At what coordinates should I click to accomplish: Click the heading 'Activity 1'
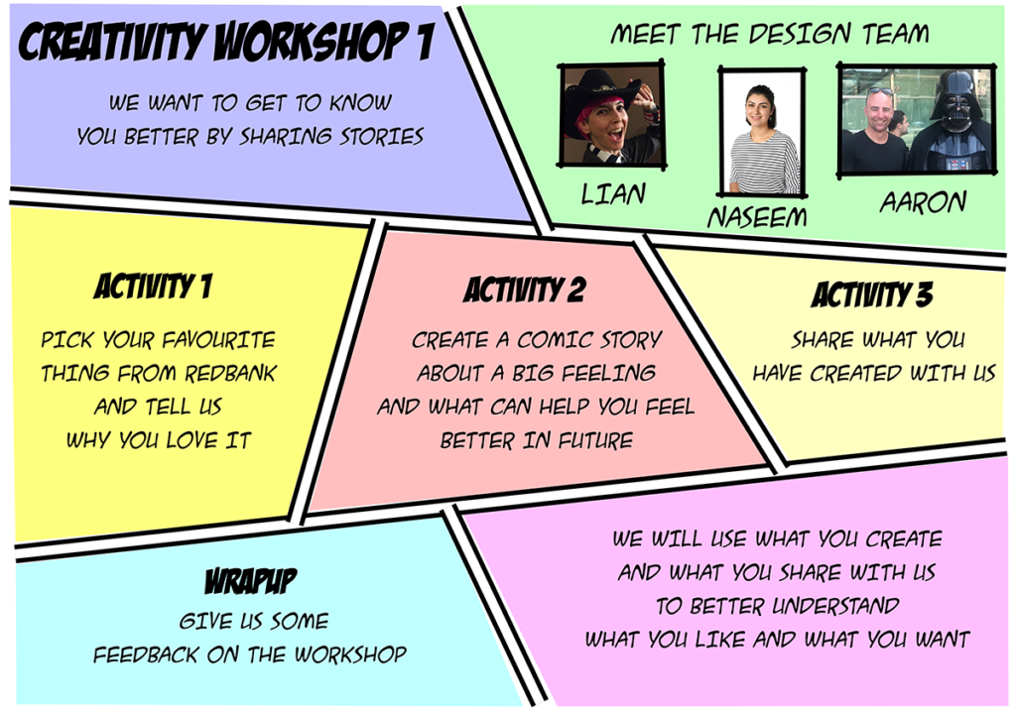tap(153, 286)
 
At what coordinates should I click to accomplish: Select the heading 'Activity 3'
tap(871, 295)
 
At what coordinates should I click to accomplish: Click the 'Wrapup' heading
tap(251, 581)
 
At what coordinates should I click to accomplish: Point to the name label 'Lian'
tap(613, 193)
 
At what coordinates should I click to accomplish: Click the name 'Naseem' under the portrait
tap(757, 217)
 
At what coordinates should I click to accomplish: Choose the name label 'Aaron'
tap(923, 202)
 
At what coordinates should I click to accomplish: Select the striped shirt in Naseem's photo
tap(763, 162)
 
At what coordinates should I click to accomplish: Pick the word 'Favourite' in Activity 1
tap(218, 340)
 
